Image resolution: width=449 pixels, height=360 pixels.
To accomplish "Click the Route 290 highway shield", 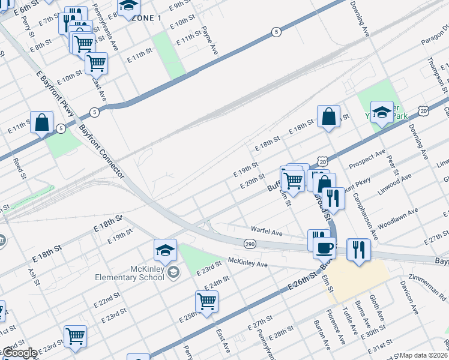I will coord(250,244).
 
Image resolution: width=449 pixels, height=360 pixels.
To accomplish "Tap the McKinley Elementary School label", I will coord(129,272).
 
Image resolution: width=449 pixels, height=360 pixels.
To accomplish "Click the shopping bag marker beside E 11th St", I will coord(43,123).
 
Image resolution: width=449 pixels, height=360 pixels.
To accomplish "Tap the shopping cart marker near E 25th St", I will coord(206,302).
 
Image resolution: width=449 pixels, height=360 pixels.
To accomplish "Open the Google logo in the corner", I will coord(19,353).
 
